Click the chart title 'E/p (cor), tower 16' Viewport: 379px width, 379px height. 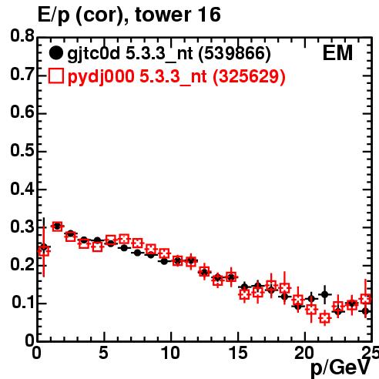(x=129, y=15)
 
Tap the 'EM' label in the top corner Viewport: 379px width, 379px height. (x=337, y=53)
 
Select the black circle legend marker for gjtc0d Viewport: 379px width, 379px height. (x=55, y=53)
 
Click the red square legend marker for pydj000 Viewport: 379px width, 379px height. (x=56, y=75)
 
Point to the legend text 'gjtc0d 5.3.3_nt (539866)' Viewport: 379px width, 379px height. (x=169, y=54)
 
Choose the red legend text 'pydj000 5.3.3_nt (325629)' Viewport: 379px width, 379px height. (x=176, y=76)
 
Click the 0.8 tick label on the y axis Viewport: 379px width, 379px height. (x=22, y=36)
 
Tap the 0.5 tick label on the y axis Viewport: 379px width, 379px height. (x=22, y=150)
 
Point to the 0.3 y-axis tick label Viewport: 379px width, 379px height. (x=22, y=226)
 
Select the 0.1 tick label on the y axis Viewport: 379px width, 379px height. (x=23, y=303)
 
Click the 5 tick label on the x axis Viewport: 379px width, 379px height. (x=103, y=353)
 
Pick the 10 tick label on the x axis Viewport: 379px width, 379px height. (x=170, y=353)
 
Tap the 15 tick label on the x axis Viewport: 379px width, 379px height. (x=238, y=353)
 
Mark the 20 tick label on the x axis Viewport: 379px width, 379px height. (x=304, y=353)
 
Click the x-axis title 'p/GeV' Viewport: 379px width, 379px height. (x=340, y=367)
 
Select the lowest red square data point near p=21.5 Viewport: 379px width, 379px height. (x=325, y=318)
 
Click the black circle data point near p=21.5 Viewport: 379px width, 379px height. (x=325, y=294)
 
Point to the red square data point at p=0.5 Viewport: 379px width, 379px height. (x=44, y=250)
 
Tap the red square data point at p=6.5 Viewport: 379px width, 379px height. (x=124, y=239)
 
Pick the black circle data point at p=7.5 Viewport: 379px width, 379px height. (x=138, y=253)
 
